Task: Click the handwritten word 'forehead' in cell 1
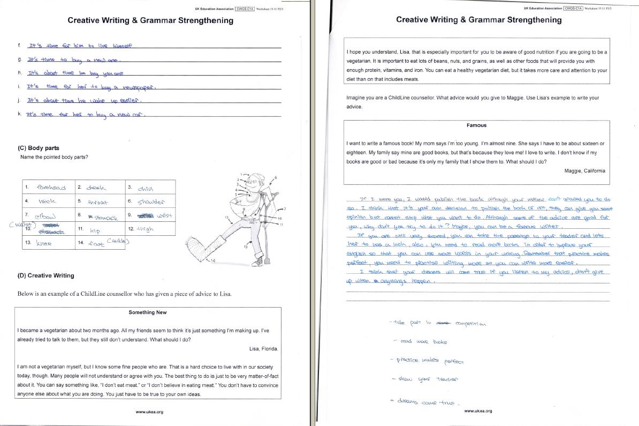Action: pyautogui.click(x=51, y=188)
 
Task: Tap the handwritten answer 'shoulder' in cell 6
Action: pyautogui.click(x=151, y=202)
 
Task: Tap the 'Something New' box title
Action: pyautogui.click(x=148, y=312)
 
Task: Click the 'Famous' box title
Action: pyautogui.click(x=476, y=125)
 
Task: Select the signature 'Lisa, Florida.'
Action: pyautogui.click(x=263, y=349)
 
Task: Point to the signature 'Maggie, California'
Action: pyautogui.click(x=584, y=171)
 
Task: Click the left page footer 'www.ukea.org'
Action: pyautogui.click(x=149, y=412)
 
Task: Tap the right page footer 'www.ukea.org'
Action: pyautogui.click(x=478, y=411)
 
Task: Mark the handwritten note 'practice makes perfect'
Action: pyautogui.click(x=429, y=361)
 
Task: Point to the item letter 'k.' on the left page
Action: pyautogui.click(x=19, y=114)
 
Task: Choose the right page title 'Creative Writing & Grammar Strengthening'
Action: pyautogui.click(x=478, y=20)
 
